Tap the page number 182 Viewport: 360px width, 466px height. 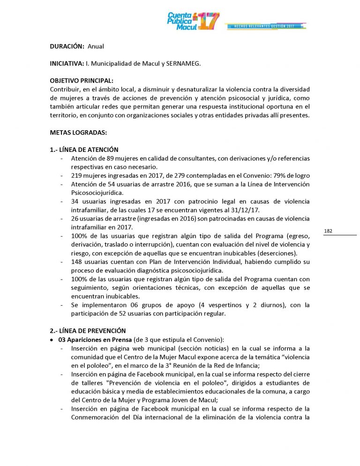click(x=328, y=231)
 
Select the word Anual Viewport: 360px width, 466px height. click(x=96, y=46)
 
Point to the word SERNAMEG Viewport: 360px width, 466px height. click(x=184, y=63)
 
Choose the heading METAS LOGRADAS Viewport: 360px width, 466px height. click(x=78, y=132)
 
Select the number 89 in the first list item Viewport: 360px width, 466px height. click(x=112, y=158)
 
